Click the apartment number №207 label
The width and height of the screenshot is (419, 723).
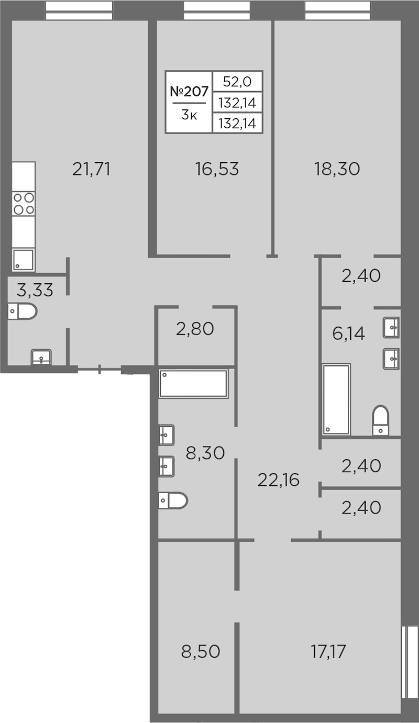190,92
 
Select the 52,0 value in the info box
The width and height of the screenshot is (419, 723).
237,82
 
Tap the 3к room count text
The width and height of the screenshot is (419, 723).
190,115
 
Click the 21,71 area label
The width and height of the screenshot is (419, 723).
91,169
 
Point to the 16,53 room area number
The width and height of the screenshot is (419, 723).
217,169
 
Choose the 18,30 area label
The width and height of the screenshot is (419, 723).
337,169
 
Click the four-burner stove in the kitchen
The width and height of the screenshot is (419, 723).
24,204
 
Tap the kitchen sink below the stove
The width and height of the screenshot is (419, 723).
23,260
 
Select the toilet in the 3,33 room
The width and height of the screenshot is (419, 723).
23,311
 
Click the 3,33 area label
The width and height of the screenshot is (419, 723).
35,290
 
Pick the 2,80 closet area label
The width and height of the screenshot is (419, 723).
195,329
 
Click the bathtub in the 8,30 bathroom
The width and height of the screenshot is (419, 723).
193,383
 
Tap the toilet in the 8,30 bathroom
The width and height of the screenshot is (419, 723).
173,500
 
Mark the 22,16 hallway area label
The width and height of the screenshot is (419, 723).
279,480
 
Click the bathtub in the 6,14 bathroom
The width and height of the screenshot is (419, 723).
336,399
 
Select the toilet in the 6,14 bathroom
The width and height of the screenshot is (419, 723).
381,420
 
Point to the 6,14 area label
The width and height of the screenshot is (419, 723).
349,333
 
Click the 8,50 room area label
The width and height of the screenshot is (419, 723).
201,651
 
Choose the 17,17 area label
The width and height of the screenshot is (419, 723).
328,651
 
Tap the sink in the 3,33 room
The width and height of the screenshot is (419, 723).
41,357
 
